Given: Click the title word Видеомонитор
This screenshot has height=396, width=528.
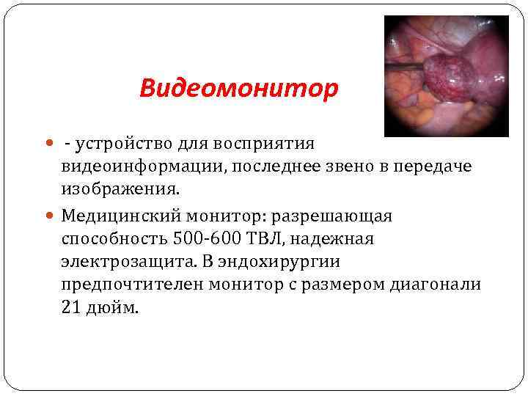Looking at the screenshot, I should [x=239, y=89].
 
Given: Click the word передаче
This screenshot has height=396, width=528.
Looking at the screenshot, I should [x=433, y=166].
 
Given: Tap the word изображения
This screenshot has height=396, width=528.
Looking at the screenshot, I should [x=118, y=190].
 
